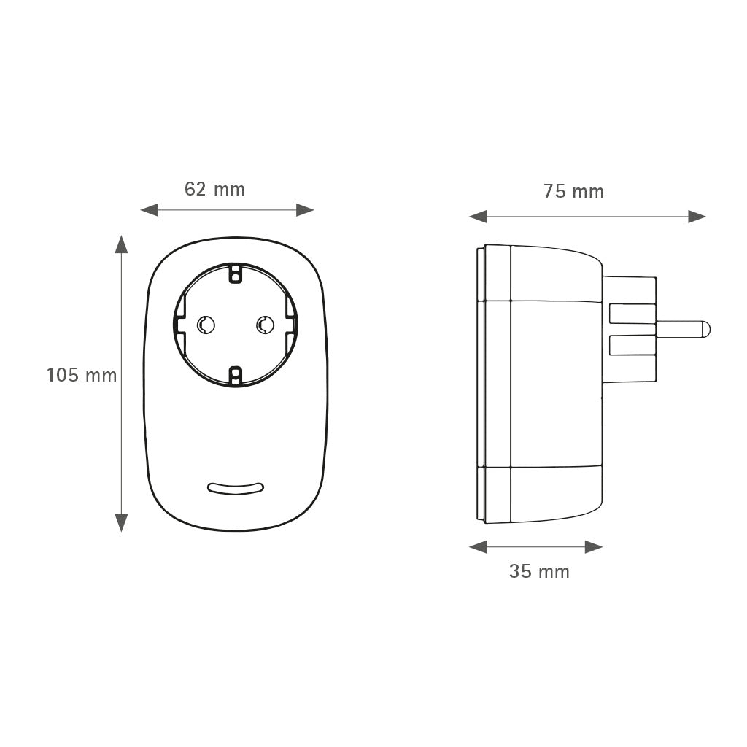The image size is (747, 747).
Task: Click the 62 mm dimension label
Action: point(214,190)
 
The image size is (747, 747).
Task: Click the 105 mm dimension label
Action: point(82,376)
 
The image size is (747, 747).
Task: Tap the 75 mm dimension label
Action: point(573,192)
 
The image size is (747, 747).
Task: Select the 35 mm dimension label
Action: point(539,571)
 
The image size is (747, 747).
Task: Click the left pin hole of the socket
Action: point(206,325)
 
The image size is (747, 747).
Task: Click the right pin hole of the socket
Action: point(265,325)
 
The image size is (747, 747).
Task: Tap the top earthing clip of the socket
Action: point(235,274)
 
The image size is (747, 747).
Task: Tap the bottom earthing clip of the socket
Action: point(235,376)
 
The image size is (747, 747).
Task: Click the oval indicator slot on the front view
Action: point(236,488)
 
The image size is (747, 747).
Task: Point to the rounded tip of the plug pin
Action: point(705,329)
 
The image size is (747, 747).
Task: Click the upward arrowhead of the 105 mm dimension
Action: point(121,244)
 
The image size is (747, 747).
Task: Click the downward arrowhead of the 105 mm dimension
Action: point(121,522)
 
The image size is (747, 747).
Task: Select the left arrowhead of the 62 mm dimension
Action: point(150,210)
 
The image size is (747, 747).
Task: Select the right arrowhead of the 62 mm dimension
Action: point(305,210)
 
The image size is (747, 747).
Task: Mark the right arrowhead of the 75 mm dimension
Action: point(697,217)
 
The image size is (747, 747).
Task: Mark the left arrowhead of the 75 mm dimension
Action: point(478,217)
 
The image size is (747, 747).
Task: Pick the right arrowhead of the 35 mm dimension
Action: point(594,547)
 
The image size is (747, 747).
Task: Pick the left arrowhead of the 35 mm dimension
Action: point(478,547)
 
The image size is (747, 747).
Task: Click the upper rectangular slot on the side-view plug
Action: point(632,314)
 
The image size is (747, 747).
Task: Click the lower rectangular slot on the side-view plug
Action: point(632,345)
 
